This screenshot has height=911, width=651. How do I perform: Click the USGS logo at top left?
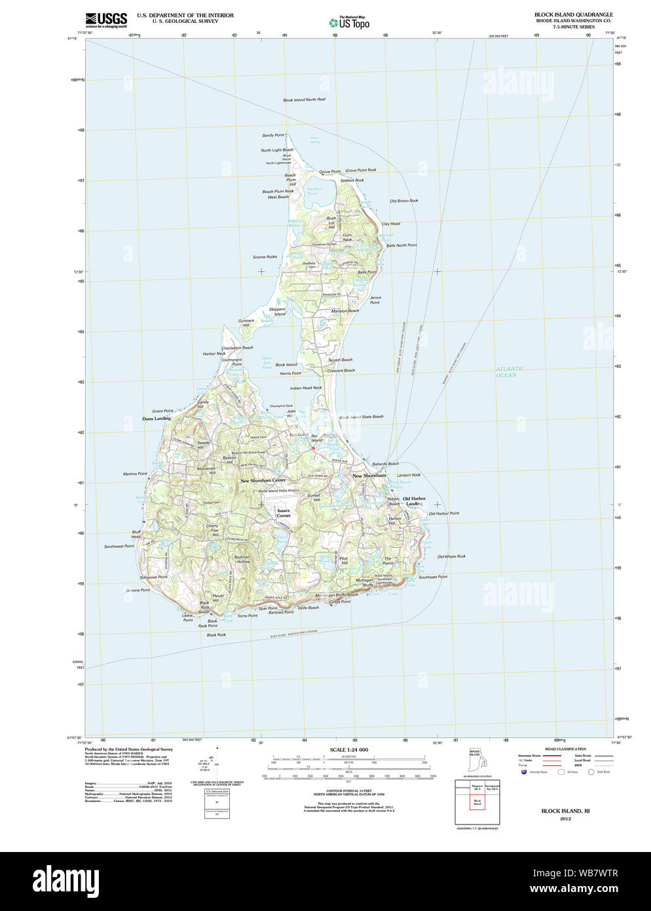106,20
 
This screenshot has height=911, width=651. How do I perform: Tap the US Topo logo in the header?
349,22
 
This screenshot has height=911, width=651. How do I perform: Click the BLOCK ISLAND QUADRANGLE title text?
573,14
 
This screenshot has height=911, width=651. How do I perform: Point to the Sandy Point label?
273,135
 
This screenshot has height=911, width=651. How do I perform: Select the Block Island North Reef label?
304,100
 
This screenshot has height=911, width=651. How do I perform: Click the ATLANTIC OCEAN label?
509,372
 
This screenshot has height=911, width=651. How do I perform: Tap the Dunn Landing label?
157,418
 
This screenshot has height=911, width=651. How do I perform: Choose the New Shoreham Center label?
263,480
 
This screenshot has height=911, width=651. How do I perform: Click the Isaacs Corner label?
283,513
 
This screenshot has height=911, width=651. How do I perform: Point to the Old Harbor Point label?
443,513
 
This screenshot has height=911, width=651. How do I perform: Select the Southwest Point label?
119,546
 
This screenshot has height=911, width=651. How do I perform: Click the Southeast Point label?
433,577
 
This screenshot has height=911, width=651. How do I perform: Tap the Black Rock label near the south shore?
216,634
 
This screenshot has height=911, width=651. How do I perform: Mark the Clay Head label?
390,223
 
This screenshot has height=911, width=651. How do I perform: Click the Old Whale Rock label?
451,556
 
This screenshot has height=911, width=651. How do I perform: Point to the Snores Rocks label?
265,257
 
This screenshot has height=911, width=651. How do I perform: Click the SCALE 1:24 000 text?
348,750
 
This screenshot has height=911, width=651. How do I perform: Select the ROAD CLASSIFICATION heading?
565,748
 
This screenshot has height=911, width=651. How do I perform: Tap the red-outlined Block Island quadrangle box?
477,802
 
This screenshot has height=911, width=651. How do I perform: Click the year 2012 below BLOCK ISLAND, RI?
565,819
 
